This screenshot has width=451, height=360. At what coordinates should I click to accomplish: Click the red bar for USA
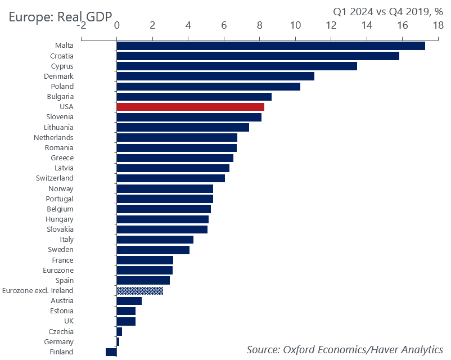click(190, 107)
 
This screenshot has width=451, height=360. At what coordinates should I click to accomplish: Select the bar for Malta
click(270, 46)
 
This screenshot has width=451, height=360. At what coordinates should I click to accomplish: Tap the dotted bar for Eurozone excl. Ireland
click(139, 291)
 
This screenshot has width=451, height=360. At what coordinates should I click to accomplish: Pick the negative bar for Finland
click(111, 352)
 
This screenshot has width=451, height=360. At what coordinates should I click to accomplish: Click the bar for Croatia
click(258, 56)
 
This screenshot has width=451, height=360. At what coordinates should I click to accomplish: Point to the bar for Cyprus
click(236, 66)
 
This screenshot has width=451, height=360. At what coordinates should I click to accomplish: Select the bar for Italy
click(155, 240)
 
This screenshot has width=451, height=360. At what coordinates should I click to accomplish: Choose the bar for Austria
click(129, 301)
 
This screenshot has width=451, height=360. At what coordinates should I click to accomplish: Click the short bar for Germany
click(118, 342)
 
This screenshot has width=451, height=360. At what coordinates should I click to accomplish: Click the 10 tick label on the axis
click(295, 25)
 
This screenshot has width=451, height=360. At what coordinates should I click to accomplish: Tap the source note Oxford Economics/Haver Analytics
click(345, 349)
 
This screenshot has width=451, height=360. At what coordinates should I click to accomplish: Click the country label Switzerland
click(55, 178)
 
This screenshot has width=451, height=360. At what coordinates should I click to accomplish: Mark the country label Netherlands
click(53, 138)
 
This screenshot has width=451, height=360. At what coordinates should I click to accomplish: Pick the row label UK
click(67, 321)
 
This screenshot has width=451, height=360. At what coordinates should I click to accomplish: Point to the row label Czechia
click(61, 332)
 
